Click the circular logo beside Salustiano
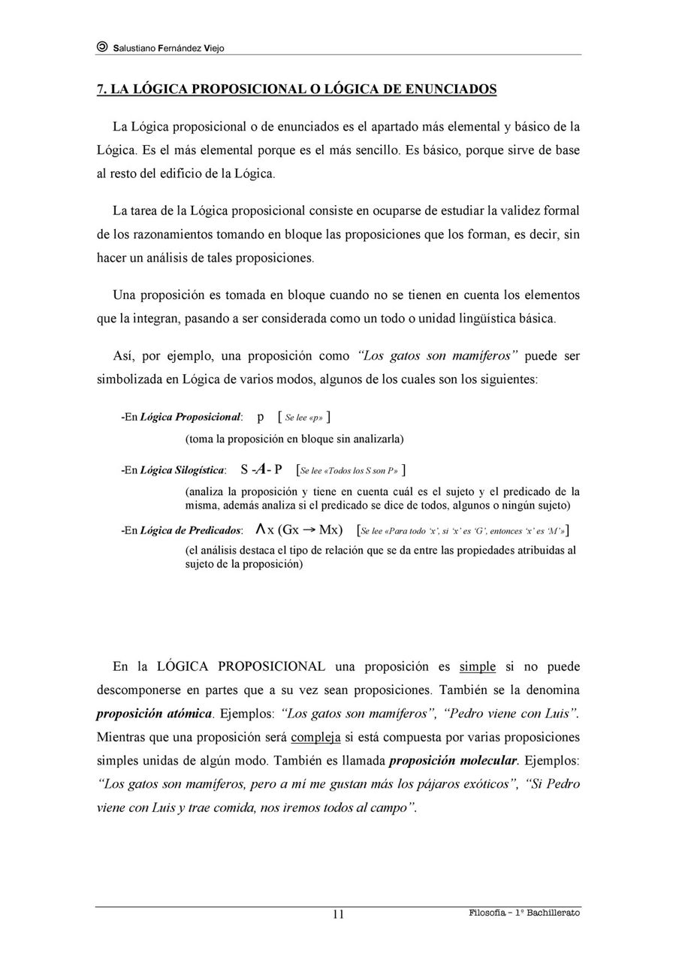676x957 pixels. (x=102, y=47)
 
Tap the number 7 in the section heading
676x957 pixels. (x=100, y=89)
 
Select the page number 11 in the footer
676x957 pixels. (x=338, y=914)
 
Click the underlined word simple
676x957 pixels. (x=478, y=666)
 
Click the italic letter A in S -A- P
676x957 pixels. (x=260, y=470)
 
